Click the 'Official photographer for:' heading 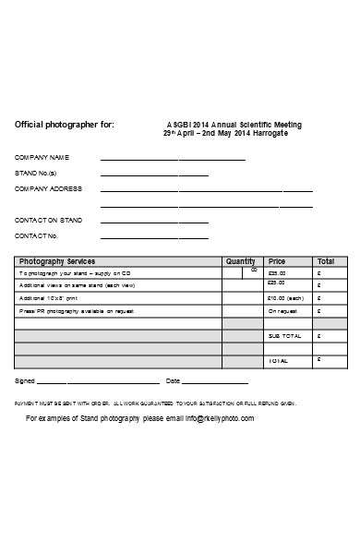65,125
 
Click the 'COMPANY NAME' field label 42,159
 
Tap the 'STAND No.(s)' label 36,174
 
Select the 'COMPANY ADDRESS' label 48,188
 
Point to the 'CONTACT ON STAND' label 48,221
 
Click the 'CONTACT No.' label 37,235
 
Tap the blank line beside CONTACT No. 153,237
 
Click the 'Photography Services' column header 57,261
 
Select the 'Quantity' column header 240,261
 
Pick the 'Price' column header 277,261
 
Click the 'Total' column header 326,261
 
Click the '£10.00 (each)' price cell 285,298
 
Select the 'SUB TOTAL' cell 284,336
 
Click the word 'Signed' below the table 25,380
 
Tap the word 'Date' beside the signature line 173,380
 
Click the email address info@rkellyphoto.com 219,418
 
